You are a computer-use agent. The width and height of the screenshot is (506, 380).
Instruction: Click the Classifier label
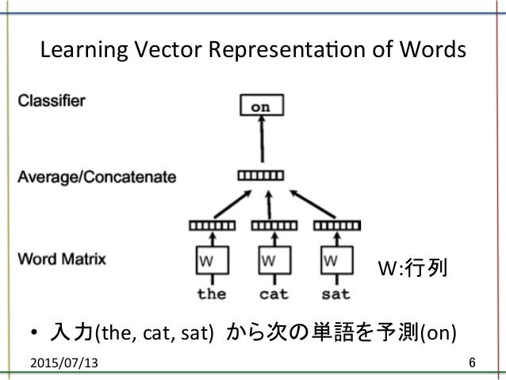pyautogui.click(x=53, y=102)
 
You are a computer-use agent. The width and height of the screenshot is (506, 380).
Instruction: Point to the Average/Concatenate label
pyautogui.click(x=96, y=176)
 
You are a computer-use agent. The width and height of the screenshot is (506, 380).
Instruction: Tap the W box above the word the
pyautogui.click(x=210, y=260)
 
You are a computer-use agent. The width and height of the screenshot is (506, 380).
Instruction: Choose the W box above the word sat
pyautogui.click(x=335, y=260)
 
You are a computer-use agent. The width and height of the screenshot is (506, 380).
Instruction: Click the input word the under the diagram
pyautogui.click(x=210, y=295)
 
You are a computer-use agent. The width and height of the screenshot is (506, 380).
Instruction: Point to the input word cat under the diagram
pyautogui.click(x=273, y=295)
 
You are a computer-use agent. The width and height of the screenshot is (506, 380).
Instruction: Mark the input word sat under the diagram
pyautogui.click(x=335, y=295)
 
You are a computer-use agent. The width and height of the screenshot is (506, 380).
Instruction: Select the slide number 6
pyautogui.click(x=473, y=363)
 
